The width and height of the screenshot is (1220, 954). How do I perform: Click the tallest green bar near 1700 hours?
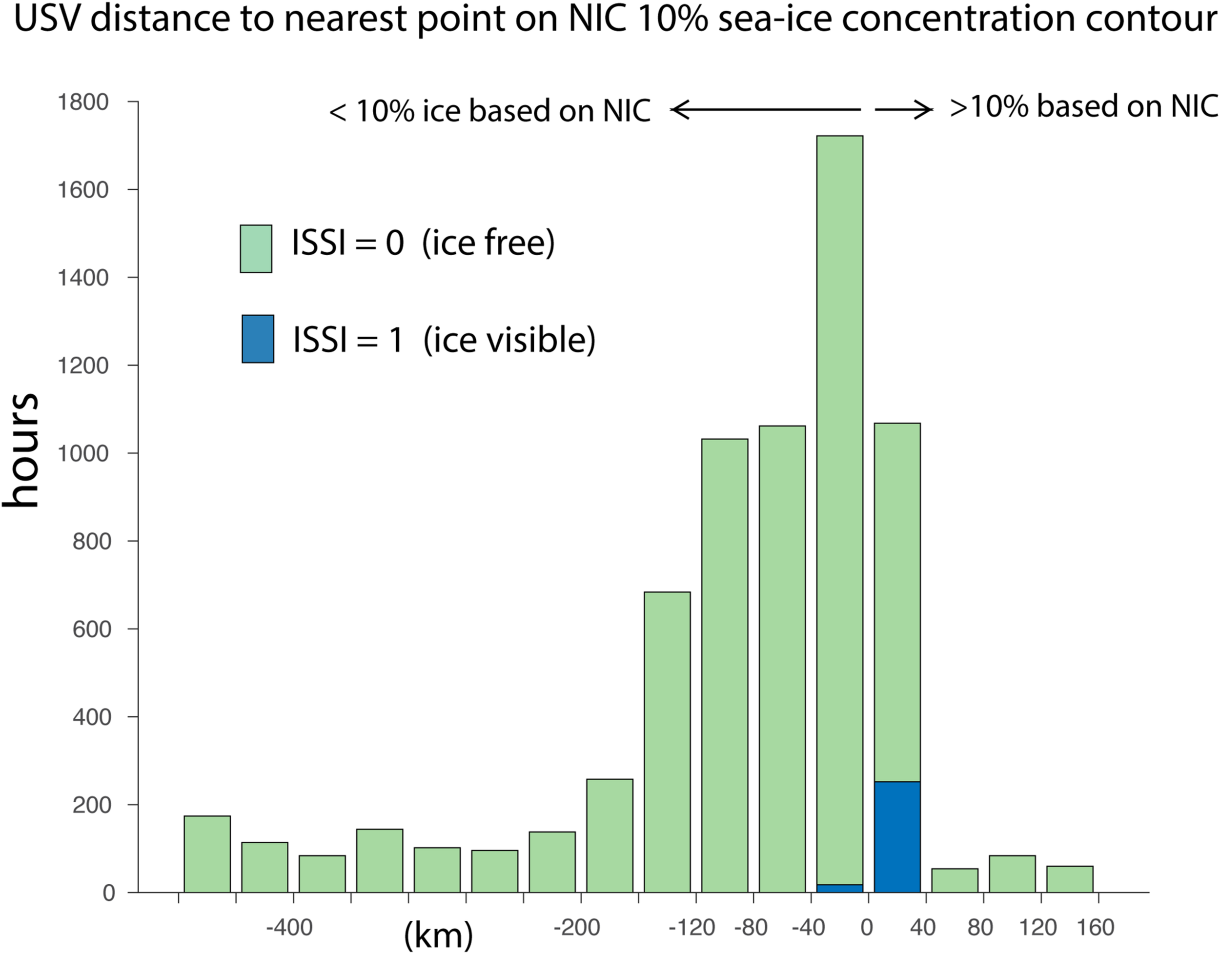tap(839, 503)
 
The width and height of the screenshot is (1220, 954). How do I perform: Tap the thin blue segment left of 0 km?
tap(839, 888)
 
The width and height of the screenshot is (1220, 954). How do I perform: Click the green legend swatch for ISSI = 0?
tap(256, 249)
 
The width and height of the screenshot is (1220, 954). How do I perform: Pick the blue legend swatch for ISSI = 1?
tap(258, 339)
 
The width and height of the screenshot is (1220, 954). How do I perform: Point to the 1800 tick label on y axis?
tap(82, 103)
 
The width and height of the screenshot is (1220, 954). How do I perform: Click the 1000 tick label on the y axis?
tap(82, 453)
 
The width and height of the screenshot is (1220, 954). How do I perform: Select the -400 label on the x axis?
tap(289, 928)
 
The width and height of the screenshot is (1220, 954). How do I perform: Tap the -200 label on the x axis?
tap(576, 928)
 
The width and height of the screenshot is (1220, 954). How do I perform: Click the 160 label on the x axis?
tap(1096, 928)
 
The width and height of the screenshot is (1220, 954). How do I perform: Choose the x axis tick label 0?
tap(866, 928)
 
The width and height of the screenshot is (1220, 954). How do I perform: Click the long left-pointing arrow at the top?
tap(765, 110)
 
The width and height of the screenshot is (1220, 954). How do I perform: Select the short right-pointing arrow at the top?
tap(903, 110)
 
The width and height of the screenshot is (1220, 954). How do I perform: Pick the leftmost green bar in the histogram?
tap(207, 854)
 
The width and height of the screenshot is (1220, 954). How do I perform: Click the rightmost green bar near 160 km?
tap(1070, 879)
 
